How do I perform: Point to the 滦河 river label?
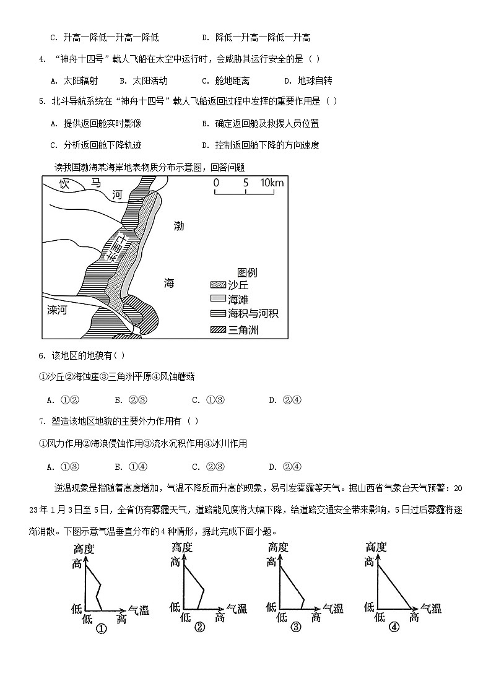(57, 310)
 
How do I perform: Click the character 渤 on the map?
(178, 226)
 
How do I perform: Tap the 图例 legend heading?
(246, 272)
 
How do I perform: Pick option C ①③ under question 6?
(207, 399)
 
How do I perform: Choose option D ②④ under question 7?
(285, 466)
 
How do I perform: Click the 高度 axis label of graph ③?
(278, 547)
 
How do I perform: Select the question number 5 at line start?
(41, 102)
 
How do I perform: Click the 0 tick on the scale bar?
(215, 183)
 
